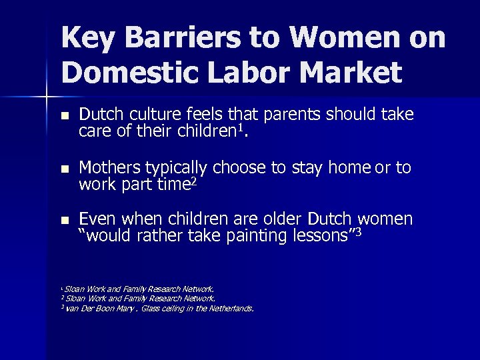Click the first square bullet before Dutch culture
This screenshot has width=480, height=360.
click(64, 116)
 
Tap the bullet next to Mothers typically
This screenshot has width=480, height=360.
click(64, 168)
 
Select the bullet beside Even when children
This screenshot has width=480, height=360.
click(64, 220)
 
